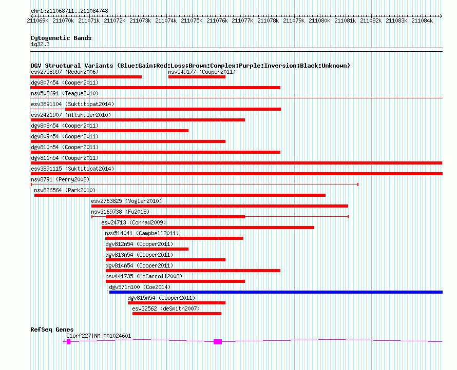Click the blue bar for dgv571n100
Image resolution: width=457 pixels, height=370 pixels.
coord(276,292)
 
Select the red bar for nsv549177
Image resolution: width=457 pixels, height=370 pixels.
coord(197,77)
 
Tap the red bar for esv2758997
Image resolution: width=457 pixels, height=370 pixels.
coord(86,77)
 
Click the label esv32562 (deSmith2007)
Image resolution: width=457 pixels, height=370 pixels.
coord(166,309)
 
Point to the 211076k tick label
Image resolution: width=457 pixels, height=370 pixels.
coord(217,20)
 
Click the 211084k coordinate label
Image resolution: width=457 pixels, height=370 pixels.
coord(422,20)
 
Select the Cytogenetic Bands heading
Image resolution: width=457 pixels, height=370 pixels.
coord(61,38)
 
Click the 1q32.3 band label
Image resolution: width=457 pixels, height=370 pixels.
coord(40,44)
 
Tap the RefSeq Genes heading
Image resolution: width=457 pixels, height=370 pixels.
coord(52,330)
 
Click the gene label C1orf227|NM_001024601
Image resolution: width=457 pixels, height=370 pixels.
coord(99,336)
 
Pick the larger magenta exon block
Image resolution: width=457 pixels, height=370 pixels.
coord(218,342)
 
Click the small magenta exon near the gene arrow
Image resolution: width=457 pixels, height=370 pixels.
coord(68,342)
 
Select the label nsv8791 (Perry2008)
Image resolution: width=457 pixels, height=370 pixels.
coord(60,179)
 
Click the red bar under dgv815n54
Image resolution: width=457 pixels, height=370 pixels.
coord(177,303)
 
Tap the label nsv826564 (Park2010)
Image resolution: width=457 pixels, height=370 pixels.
coord(65,190)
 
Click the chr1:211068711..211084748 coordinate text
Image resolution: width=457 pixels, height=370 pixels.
coord(69,11)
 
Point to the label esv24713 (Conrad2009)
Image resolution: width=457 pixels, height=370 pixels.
coord(134,222)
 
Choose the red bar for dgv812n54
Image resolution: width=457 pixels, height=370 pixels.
coord(147,249)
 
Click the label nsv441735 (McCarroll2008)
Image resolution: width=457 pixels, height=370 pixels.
coord(144,276)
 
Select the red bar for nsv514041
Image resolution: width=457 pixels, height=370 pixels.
coord(174,238)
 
